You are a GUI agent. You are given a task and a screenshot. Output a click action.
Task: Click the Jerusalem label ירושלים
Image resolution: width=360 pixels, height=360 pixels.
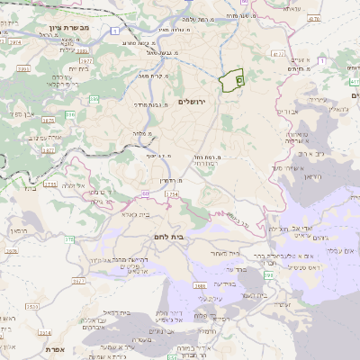tap(193, 101)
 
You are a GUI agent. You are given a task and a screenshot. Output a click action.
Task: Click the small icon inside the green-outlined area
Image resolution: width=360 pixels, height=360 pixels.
tap(239, 80)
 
